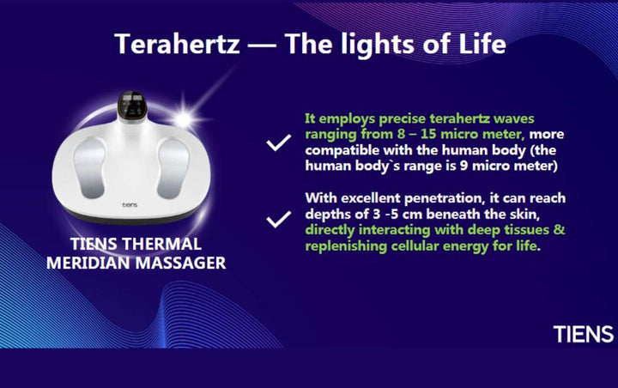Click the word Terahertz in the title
[177, 44]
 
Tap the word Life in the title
[482, 43]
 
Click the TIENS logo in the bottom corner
[584, 334]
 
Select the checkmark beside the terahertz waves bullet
[279, 142]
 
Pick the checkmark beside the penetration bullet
[279, 219]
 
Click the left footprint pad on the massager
[90, 167]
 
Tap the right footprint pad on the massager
[173, 168]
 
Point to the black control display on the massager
[132, 106]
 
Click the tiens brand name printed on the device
[130, 205]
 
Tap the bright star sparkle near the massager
[185, 117]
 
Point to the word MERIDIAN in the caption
[88, 263]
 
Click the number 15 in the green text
[428, 134]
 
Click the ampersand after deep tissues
[560, 229]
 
